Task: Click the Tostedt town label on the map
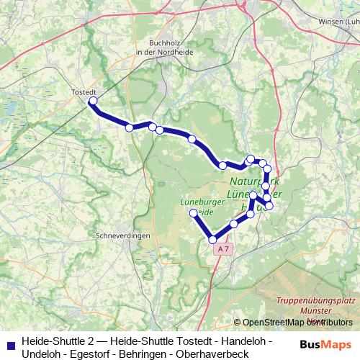click(x=84, y=92)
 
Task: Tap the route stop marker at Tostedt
click(x=92, y=102)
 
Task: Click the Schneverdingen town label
click(x=122, y=235)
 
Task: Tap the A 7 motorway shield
click(x=223, y=249)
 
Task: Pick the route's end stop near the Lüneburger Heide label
click(x=193, y=214)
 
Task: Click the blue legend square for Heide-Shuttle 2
click(x=9, y=343)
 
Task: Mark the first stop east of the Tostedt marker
click(x=130, y=128)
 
